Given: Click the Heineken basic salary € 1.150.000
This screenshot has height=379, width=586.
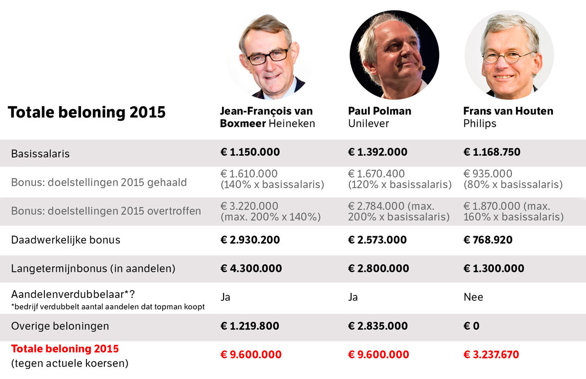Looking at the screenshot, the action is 250,152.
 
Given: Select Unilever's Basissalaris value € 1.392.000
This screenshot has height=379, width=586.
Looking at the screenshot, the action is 378,152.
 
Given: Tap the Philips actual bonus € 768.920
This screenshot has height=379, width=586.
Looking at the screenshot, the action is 488,240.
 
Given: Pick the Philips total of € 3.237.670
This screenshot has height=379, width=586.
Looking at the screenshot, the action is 491,354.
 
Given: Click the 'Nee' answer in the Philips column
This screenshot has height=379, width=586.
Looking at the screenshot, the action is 473,297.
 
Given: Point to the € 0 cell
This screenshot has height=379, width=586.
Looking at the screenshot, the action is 472,326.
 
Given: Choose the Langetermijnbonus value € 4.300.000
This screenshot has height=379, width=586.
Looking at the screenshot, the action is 251,268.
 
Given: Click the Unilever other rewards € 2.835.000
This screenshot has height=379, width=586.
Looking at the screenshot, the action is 378,326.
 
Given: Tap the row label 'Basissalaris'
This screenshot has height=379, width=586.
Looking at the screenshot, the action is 40,154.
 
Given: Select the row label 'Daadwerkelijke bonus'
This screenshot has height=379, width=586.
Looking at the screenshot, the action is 65,240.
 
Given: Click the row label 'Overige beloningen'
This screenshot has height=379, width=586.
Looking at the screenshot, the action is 60,326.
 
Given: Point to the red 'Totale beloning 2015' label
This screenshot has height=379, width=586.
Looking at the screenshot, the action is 65,349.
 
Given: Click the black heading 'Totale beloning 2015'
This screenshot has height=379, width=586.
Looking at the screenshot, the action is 87,113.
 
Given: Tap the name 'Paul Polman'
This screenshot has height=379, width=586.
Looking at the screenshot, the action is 380,111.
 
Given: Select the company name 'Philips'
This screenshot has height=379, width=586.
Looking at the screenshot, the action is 479,124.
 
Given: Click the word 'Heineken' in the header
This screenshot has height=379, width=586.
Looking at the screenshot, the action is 292,124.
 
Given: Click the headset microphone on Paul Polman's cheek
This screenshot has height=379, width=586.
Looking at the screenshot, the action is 422,68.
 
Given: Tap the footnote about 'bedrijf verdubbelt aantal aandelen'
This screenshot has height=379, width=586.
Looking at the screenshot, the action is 108,307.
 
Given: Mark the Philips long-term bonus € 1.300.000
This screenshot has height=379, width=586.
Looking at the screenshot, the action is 494,268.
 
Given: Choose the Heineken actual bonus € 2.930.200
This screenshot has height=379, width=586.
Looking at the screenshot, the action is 250,240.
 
